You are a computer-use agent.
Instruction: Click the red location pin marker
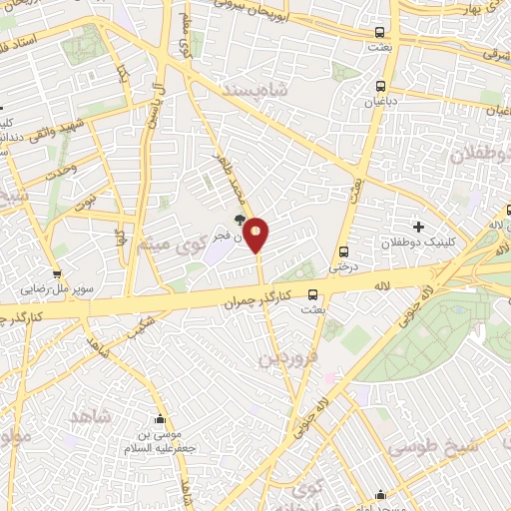pyautogui.click(x=256, y=236)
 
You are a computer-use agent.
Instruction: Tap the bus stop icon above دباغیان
pyautogui.click(x=380, y=86)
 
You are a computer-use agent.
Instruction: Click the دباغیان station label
pyautogui.click(x=380, y=102)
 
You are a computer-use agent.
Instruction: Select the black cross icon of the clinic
pyautogui.click(x=418, y=229)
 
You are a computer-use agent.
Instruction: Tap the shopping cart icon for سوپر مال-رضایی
pyautogui.click(x=57, y=274)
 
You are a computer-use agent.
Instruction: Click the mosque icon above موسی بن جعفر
pyautogui.click(x=157, y=417)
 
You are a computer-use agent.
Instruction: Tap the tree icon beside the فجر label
pyautogui.click(x=239, y=220)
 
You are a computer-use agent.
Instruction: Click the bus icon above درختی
pyautogui.click(x=344, y=252)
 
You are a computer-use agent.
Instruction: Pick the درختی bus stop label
pyautogui.click(x=341, y=267)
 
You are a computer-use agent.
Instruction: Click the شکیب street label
pyautogui.click(x=144, y=324)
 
